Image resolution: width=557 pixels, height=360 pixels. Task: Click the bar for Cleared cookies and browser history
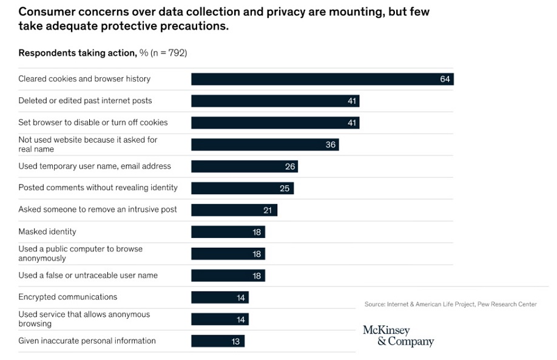pyautogui.click(x=322, y=79)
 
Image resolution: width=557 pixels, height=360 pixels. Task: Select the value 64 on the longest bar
pyautogui.click(x=445, y=79)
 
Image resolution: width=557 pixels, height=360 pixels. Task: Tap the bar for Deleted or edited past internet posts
pyautogui.click(x=275, y=101)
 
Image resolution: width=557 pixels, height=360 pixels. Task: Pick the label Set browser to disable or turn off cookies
pyautogui.click(x=93, y=123)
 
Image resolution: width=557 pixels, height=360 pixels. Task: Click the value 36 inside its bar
pyautogui.click(x=331, y=144)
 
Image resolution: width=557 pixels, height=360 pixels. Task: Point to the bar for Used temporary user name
pyautogui.click(x=244, y=166)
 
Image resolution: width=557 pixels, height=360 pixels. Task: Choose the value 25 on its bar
pyautogui.click(x=285, y=188)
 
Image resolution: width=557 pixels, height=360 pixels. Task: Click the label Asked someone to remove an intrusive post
pyautogui.click(x=98, y=209)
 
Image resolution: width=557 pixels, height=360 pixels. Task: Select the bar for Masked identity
pyautogui.click(x=228, y=232)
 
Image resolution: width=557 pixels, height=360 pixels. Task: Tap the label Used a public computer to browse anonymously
pyautogui.click(x=80, y=253)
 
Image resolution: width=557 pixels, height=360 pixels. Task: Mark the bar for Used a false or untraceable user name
pyautogui.click(x=228, y=276)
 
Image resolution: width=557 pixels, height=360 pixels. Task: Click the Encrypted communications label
pyautogui.click(x=68, y=297)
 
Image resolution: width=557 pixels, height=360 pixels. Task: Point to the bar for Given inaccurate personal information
pyautogui.click(x=217, y=341)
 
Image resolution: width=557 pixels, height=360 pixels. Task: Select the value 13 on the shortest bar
pyautogui.click(x=235, y=342)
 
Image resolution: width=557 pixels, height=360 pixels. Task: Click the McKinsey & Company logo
pyautogui.click(x=398, y=336)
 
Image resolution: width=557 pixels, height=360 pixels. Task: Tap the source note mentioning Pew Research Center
pyautogui.click(x=450, y=304)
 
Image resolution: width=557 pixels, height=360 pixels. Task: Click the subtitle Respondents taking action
pyautogui.click(x=77, y=53)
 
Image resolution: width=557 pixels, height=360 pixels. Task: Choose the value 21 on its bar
pyautogui.click(x=267, y=210)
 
